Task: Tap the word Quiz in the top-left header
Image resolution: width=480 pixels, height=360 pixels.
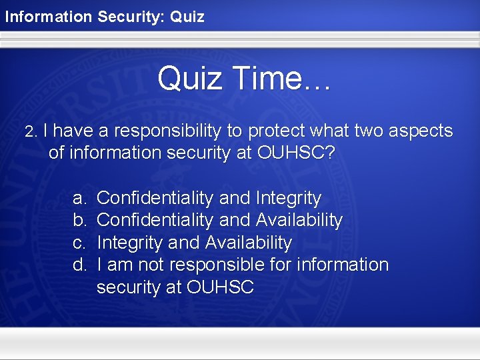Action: point(187,17)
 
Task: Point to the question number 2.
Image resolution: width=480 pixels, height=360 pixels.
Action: point(30,132)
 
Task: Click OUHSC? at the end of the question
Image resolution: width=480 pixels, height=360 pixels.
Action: point(295,153)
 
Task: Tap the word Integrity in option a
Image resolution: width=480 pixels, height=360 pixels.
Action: point(288,199)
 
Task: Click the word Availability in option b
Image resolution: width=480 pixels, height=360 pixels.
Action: point(299,220)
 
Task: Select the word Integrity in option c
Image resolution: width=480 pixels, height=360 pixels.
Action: point(129,243)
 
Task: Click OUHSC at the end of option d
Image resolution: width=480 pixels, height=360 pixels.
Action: point(221,287)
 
